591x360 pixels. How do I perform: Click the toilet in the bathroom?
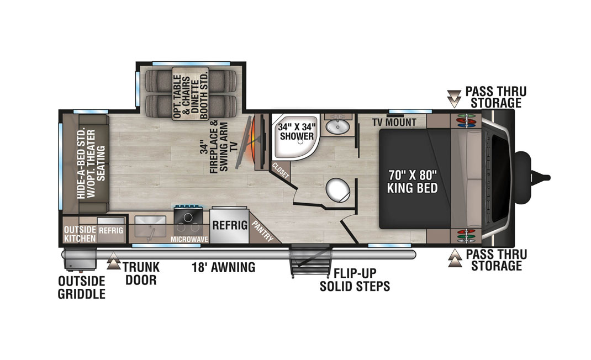pyautogui.click(x=337, y=189)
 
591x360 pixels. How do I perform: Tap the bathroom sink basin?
pyautogui.click(x=337, y=126)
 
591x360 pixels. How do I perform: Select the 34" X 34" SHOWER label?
pyautogui.click(x=297, y=131)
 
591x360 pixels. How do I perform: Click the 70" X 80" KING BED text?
pyautogui.click(x=413, y=181)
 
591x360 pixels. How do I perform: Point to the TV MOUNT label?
pyautogui.click(x=394, y=122)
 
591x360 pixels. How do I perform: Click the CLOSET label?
pyautogui.click(x=281, y=171)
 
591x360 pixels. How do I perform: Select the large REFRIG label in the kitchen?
pyautogui.click(x=230, y=225)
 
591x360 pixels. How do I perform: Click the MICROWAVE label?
pyautogui.click(x=189, y=240)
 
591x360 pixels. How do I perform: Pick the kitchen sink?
pyautogui.click(x=150, y=227)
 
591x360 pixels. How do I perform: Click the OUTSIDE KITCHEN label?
pyautogui.click(x=80, y=234)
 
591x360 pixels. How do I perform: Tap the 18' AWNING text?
pyautogui.click(x=224, y=267)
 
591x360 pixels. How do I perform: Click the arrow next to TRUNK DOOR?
pyautogui.click(x=113, y=262)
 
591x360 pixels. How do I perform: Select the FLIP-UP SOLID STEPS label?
pyautogui.click(x=355, y=280)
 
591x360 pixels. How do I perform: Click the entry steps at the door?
pyautogui.click(x=310, y=261)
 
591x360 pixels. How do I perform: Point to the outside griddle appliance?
pyautogui.click(x=80, y=261)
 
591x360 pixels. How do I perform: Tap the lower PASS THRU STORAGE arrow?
pyautogui.click(x=455, y=258)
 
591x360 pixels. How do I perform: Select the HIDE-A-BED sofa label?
pyautogui.click(x=91, y=164)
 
